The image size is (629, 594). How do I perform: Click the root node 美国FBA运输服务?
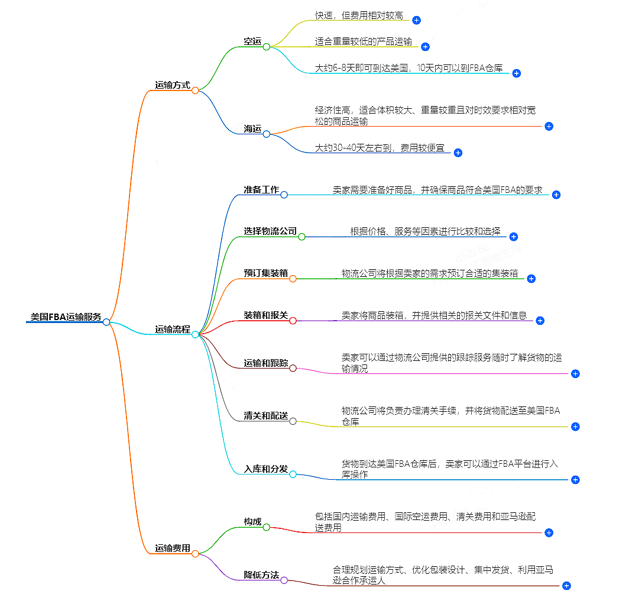point(65,317)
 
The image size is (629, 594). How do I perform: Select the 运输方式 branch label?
point(173,85)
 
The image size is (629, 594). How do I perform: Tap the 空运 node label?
point(252,41)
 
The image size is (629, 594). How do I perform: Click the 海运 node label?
point(252,129)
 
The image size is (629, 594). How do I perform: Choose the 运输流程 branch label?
point(173,330)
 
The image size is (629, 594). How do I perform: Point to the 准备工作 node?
point(261,190)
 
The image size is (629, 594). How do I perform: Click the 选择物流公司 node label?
point(270,231)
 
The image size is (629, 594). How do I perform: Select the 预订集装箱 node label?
point(265,273)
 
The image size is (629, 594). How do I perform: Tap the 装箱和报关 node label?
point(265,315)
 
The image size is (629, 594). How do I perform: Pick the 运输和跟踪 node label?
point(265,363)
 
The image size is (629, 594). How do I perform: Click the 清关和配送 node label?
point(265,417)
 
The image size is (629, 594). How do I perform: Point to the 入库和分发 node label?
point(265,469)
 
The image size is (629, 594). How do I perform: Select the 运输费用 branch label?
point(173,548)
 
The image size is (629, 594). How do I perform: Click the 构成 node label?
point(252,522)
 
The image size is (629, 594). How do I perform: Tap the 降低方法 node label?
point(261,575)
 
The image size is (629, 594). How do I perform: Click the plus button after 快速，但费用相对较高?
point(416,20)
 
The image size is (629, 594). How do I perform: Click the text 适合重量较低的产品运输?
point(364,42)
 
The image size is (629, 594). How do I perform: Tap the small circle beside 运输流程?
point(195,334)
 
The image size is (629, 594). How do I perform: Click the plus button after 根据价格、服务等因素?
point(513,237)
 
